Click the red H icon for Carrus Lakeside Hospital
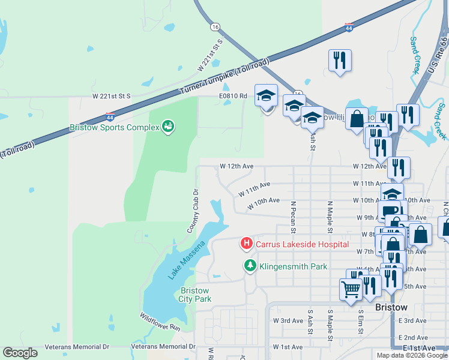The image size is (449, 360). [246, 244]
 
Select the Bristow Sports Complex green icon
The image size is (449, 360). [169, 127]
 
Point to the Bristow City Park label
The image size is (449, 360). [196, 295]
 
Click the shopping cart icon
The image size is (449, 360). [351, 290]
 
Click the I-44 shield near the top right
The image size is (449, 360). [349, 28]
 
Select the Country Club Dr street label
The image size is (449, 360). [193, 210]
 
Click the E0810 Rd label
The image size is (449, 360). [233, 95]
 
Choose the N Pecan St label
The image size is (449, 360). [294, 217]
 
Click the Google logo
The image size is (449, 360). [20, 353]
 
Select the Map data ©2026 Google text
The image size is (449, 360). [412, 355]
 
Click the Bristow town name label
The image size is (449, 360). [391, 307]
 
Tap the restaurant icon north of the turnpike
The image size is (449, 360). [340, 60]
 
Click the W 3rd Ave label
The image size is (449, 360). [288, 321]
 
